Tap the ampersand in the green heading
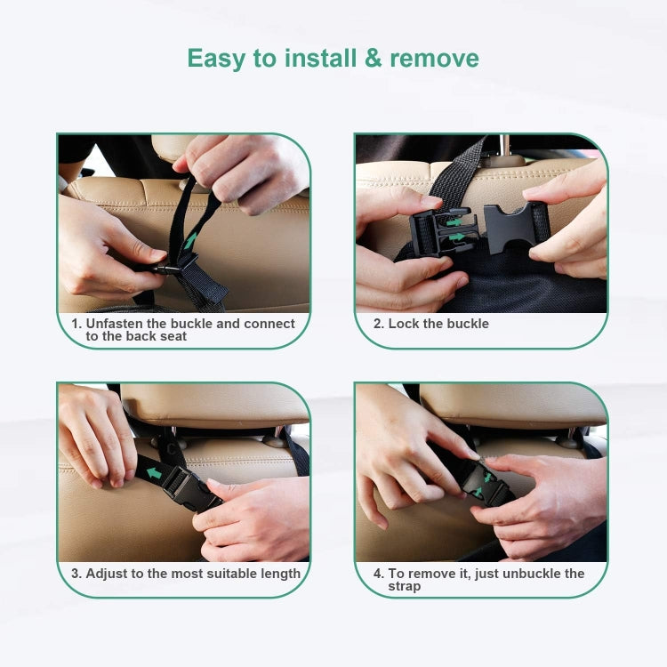[374, 59]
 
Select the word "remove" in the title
[434, 59]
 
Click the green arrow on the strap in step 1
[189, 240]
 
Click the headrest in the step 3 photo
[213, 405]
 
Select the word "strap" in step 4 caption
[405, 586]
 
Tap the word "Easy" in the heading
[219, 59]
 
